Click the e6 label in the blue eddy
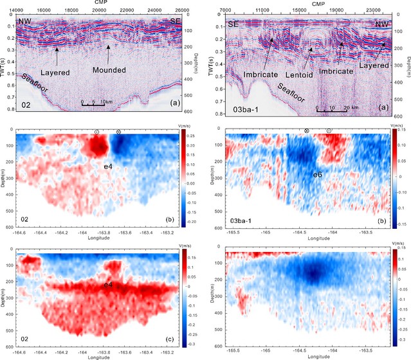coord(318,174)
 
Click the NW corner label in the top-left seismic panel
coord(25,22)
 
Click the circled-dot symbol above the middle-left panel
coord(97,132)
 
